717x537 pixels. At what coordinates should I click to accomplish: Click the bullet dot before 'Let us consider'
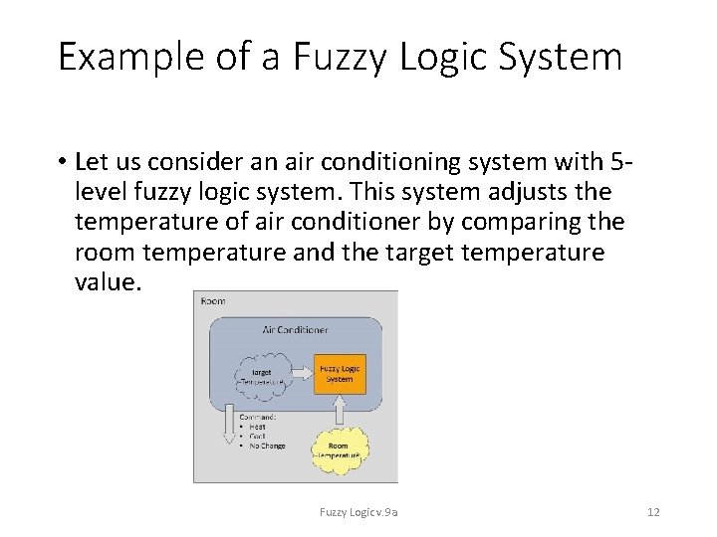tap(62, 161)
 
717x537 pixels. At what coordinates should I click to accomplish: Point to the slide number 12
tap(653, 512)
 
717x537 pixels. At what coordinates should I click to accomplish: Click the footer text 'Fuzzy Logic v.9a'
tap(358, 512)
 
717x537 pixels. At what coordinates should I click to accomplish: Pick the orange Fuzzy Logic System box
tap(340, 373)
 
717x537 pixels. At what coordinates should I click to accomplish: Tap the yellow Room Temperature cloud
tap(339, 450)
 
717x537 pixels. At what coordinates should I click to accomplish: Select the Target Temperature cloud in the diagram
tap(262, 377)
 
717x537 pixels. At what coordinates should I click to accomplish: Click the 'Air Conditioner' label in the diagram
tap(295, 329)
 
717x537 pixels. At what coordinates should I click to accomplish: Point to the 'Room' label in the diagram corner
tap(214, 300)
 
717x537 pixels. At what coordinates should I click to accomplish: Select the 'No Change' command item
tap(267, 447)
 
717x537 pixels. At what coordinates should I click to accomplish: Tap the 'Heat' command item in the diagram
tap(257, 427)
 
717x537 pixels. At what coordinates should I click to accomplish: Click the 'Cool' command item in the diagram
tap(257, 437)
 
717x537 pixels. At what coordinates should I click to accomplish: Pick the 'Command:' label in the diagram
tap(257, 417)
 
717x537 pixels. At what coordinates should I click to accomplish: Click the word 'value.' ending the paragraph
tap(109, 282)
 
